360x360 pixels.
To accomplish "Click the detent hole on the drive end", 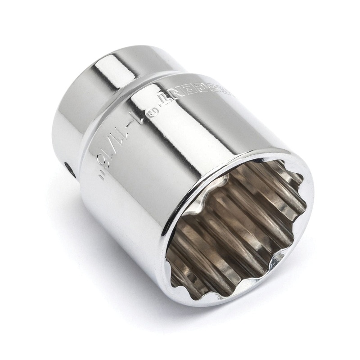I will tap(70, 169).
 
